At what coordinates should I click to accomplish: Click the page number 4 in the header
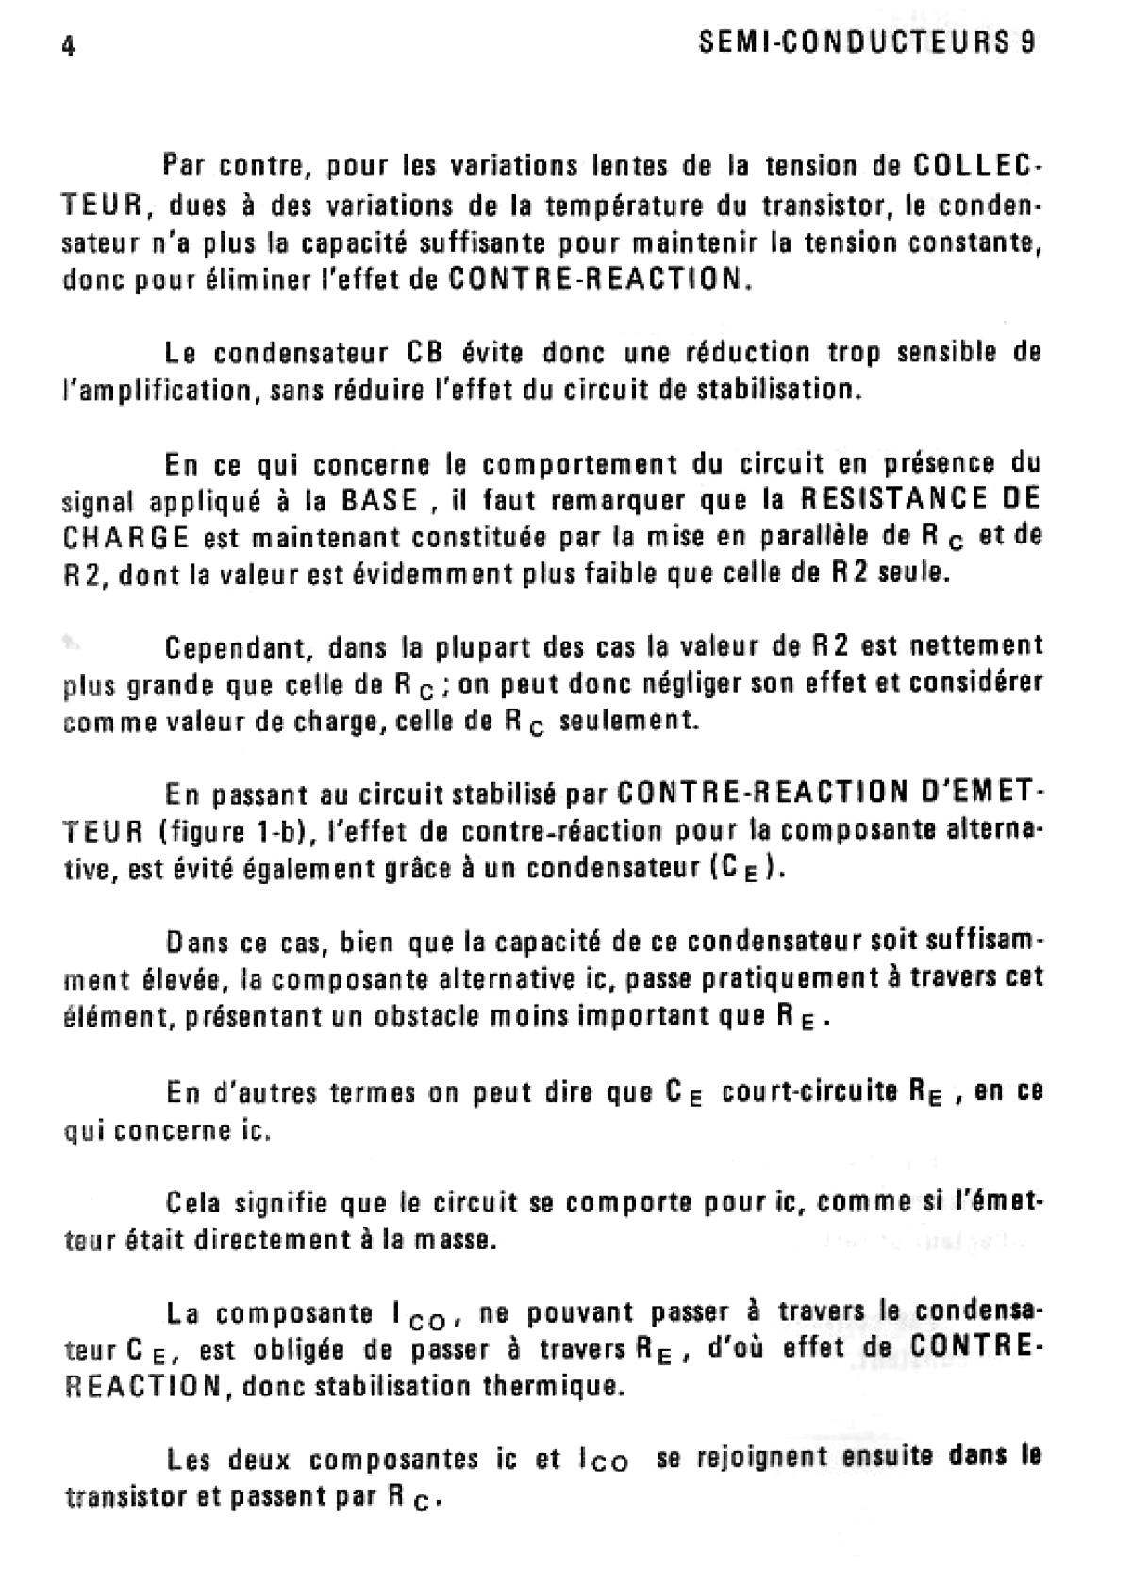point(68,46)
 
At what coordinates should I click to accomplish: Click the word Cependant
point(238,648)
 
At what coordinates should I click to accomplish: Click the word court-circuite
point(808,1092)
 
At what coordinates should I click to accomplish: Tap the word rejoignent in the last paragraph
point(766,1459)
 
